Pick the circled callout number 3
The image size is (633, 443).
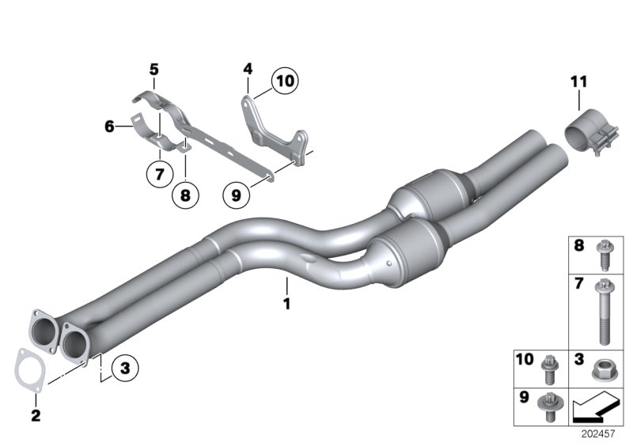125,368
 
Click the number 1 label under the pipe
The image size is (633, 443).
287,303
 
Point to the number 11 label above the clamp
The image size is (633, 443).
578,80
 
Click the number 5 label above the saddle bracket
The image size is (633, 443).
154,70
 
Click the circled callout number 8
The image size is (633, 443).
185,194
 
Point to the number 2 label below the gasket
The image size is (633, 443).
34,415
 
